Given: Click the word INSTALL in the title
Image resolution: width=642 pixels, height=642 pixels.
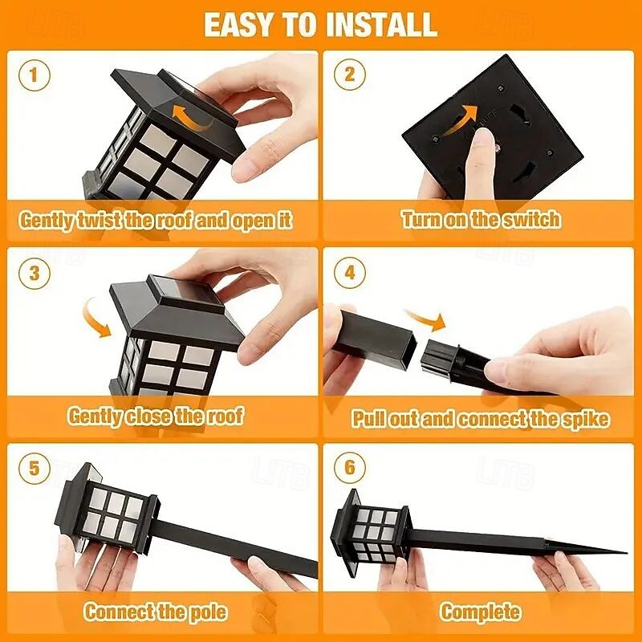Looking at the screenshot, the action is pos(382,25).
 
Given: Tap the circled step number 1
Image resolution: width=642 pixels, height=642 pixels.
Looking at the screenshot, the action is pos(35,75).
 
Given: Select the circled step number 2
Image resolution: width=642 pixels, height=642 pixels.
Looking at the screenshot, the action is pos(349,75).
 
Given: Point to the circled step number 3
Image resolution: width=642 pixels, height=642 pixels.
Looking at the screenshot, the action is pos(35,273).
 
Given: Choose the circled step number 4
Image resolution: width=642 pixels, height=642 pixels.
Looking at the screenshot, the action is pos(349,273).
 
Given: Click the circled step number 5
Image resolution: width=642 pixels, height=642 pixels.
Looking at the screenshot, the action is pos(35,468).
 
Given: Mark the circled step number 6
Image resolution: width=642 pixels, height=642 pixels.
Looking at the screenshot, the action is pos(349,467).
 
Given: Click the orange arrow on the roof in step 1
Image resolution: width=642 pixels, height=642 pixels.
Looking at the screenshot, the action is pos(189,120).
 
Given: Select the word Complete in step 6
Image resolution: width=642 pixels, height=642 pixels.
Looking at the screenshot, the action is pos(480,612).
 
